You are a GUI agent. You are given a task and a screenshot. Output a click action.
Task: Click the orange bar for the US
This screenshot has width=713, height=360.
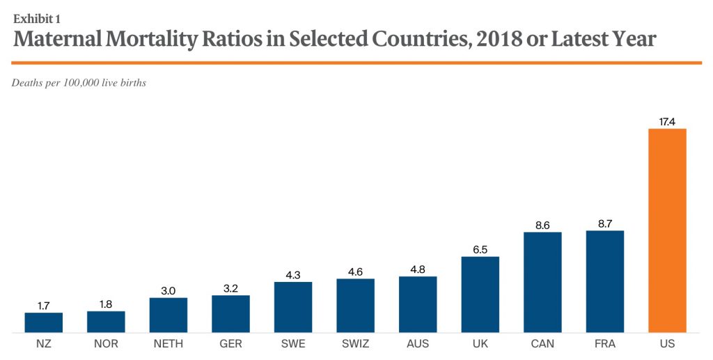coord(667,230)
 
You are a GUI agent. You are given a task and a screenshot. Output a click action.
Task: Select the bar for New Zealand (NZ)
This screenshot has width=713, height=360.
coord(43,322)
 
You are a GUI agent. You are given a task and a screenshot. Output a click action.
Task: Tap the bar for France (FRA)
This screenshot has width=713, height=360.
coord(605,281)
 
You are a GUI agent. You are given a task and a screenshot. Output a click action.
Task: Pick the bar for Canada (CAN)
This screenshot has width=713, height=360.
coord(542,282)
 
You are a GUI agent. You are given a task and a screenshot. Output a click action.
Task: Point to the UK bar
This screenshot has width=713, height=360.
coord(480,295)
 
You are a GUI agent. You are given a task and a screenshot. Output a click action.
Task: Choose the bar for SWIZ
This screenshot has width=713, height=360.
coord(355,306)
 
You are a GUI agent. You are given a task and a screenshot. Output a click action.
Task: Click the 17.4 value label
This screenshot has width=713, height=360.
coord(667,122)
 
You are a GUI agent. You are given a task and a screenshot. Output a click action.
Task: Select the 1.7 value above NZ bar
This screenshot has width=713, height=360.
coord(43,305)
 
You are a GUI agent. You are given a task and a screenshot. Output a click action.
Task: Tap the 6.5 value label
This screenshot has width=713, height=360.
coord(480,249)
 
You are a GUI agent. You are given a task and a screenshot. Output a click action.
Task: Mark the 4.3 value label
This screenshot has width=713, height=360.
coord(293,274)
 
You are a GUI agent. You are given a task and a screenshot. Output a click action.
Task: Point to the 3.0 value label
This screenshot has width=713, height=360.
coord(169,290)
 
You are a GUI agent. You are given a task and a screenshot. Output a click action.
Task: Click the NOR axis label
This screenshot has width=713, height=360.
coord(106,344)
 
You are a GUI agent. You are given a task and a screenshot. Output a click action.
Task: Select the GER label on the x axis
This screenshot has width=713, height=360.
coord(230,344)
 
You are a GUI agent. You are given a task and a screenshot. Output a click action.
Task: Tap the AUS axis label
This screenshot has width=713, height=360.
coord(418,344)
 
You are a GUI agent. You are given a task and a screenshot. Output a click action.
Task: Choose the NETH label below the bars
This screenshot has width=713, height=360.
coord(169,344)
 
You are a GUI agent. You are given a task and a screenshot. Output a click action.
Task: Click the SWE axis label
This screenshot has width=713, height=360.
coord(293,344)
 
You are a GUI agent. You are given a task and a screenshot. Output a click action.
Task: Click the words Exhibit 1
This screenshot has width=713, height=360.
coord(36,18)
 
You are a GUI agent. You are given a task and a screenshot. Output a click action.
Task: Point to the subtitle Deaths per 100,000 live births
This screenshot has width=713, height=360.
coord(79,83)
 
